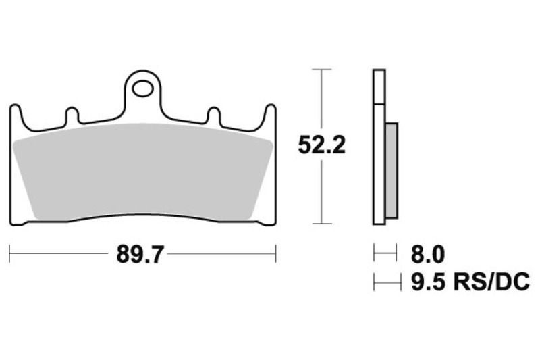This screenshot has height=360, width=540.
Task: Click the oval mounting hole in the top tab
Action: pyautogui.click(x=142, y=88)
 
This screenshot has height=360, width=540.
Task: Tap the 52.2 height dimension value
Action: pyautogui.click(x=322, y=145)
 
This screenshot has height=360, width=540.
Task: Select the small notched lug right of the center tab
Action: pyautogui.click(x=213, y=115)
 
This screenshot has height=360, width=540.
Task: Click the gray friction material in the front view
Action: pyautogui.click(x=142, y=173)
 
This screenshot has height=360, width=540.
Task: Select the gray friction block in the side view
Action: pyautogui.click(x=391, y=170)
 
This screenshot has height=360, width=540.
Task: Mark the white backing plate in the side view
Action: pyautogui.click(x=379, y=145)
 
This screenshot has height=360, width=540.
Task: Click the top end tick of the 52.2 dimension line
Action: pyautogui.click(x=321, y=70)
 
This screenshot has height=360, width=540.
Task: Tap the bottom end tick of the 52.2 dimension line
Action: pyautogui.click(x=321, y=224)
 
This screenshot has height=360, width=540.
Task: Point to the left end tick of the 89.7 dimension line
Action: pyautogui.click(x=10, y=254)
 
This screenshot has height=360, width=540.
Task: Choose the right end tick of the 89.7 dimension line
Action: pyautogui.click(x=276, y=254)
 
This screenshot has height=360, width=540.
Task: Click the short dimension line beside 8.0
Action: pyautogui.click(x=385, y=255)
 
